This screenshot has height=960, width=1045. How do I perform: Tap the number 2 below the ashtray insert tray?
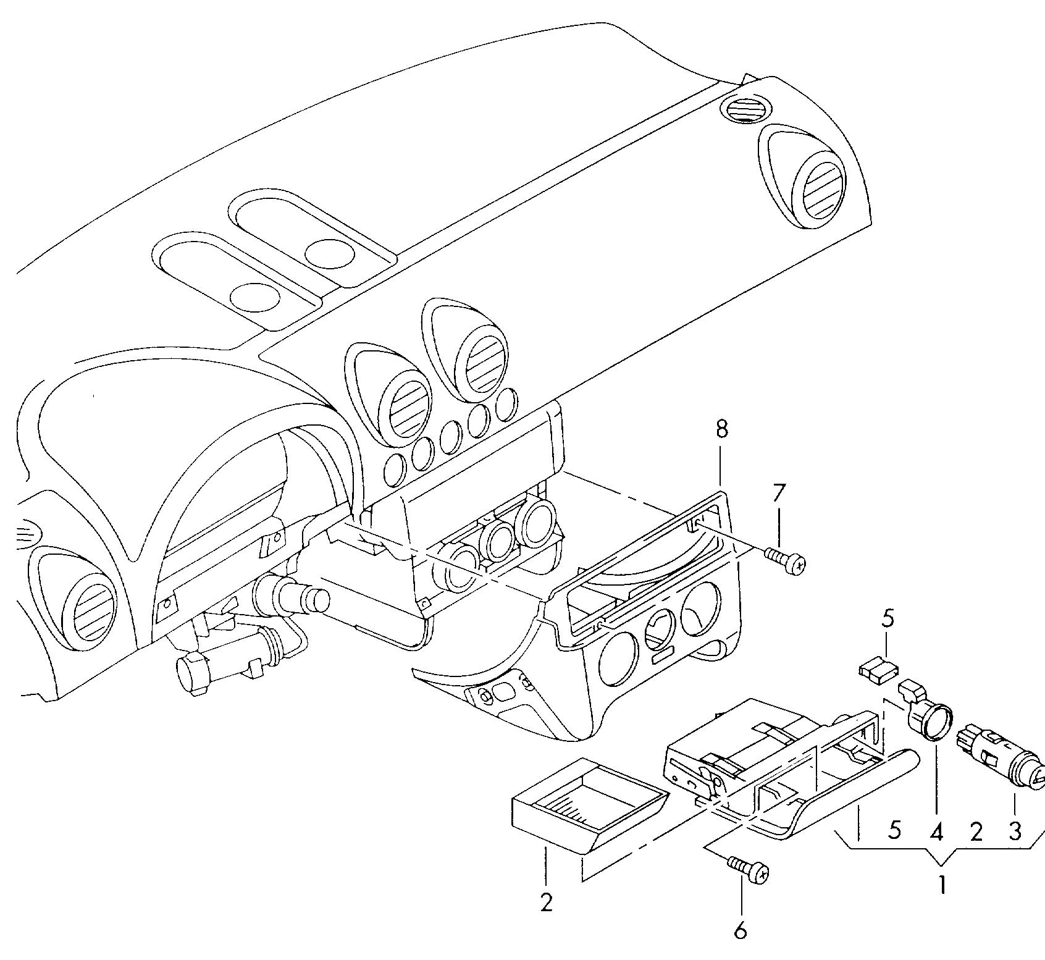point(546,903)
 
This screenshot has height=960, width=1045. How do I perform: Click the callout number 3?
point(1015,833)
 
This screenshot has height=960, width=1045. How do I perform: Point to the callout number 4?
point(936,833)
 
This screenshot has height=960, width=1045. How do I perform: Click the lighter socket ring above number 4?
point(930,720)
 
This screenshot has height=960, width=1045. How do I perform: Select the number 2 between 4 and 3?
point(976,833)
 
